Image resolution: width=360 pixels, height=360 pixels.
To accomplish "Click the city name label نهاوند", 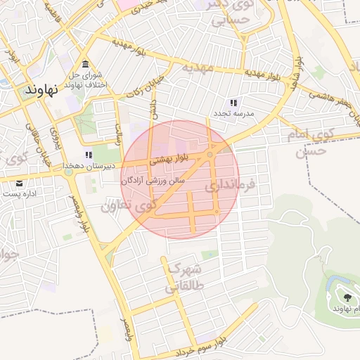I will point(39,91).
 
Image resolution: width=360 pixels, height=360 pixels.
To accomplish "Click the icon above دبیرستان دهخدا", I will point(89,155).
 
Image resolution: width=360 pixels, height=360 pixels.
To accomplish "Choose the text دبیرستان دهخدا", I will point(89,166).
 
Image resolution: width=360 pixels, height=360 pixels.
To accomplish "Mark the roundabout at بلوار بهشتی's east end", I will point(210,155).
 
